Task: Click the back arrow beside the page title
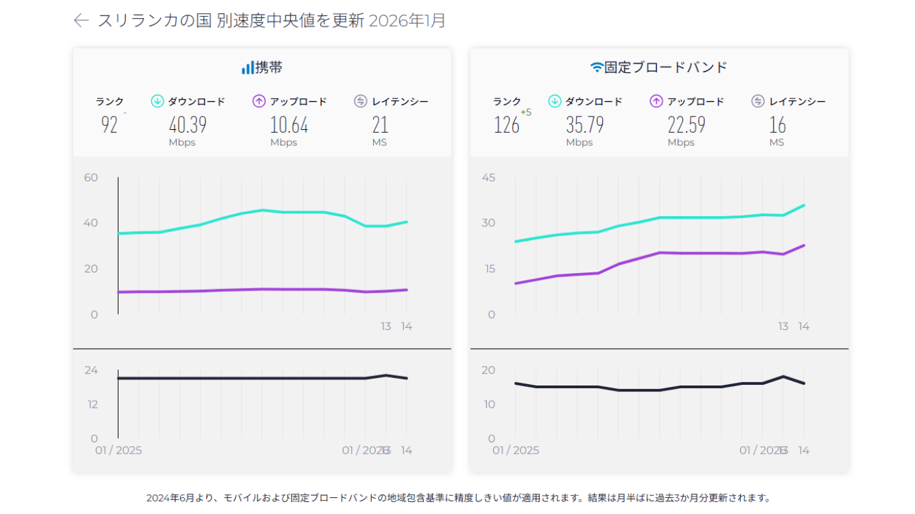tap(81, 21)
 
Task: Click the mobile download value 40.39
tap(187, 124)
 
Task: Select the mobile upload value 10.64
tap(289, 124)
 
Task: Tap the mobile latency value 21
tap(380, 124)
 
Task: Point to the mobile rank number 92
tap(109, 124)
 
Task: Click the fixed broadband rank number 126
tap(506, 124)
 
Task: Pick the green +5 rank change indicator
tap(526, 112)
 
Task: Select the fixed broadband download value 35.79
tap(584, 124)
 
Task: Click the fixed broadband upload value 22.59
tap(686, 124)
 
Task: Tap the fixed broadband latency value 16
tap(777, 124)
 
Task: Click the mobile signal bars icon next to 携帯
tap(248, 68)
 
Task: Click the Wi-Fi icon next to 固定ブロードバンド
tap(596, 68)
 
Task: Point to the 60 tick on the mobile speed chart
tap(90, 177)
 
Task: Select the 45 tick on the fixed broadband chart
tap(488, 177)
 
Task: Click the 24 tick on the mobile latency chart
tap(90, 370)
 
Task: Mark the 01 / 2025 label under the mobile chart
tap(118, 450)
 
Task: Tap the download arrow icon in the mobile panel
tap(157, 102)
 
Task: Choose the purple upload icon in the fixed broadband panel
tap(656, 102)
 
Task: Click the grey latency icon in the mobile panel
tap(360, 102)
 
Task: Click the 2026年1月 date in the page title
tap(407, 21)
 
